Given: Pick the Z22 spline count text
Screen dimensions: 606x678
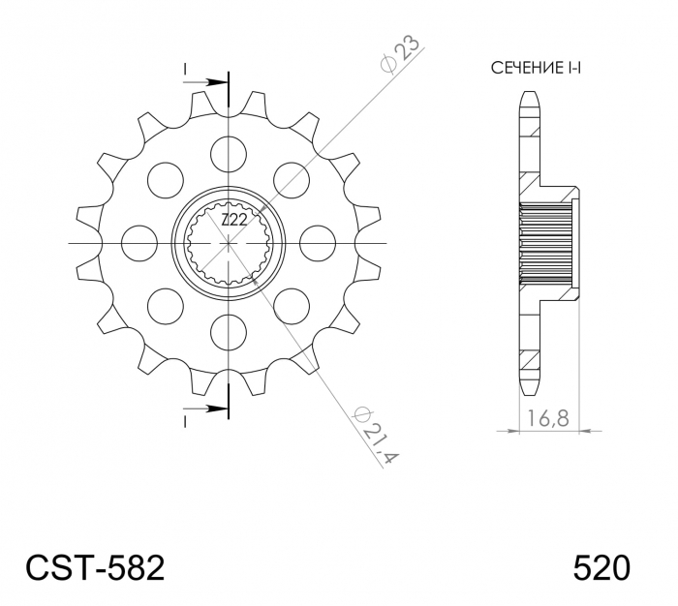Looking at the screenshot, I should point(231,222).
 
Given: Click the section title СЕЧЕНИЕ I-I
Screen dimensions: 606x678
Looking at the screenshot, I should point(541,69).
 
